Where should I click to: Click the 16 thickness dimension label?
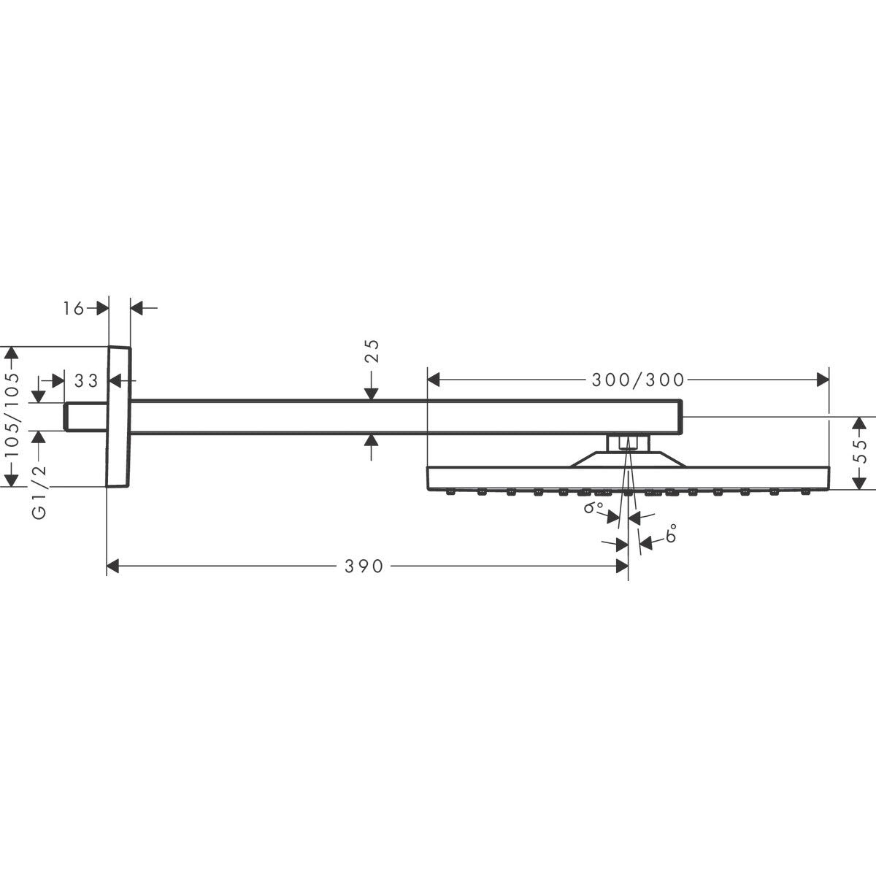coord(74,308)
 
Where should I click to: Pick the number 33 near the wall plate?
coord(86,380)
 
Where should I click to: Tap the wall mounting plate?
coord(119,416)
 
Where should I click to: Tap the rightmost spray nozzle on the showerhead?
coord(805,493)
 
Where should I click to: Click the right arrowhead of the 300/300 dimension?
coord(822,380)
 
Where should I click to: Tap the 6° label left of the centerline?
coord(593,508)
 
